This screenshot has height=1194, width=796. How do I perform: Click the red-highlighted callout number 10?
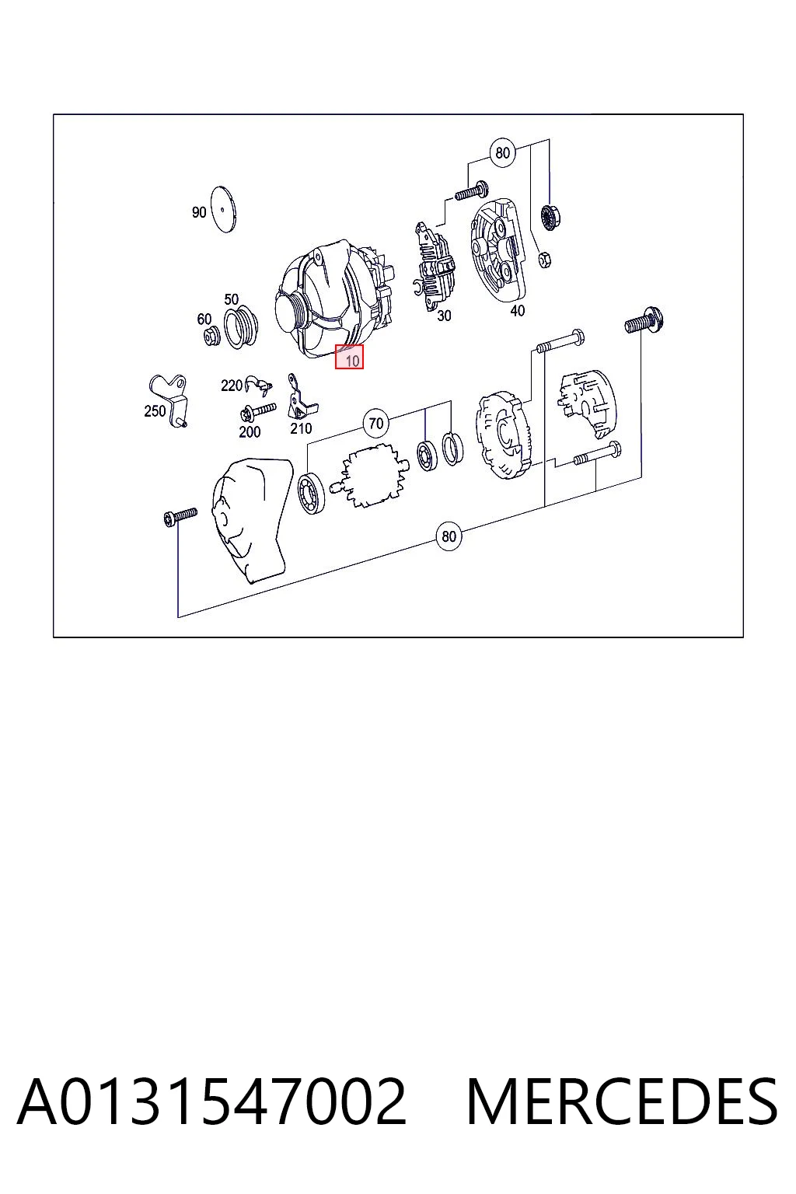[x=352, y=361]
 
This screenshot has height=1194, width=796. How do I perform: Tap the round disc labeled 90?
[x=224, y=209]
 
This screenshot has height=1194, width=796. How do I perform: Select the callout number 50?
[x=231, y=299]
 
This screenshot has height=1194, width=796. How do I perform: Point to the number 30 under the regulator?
[x=444, y=316]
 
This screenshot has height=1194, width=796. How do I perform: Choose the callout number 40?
[x=517, y=311]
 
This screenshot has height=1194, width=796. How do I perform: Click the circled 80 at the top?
[x=502, y=153]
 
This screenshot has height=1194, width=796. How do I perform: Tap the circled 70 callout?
[x=376, y=423]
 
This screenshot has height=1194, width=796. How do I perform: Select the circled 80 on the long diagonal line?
[x=449, y=536]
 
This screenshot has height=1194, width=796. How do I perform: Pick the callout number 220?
[x=232, y=386]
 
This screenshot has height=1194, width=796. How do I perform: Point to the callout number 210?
[x=301, y=428]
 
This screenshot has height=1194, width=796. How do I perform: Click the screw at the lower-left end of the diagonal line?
[x=180, y=516]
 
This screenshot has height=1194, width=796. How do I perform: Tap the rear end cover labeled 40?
[x=500, y=251]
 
